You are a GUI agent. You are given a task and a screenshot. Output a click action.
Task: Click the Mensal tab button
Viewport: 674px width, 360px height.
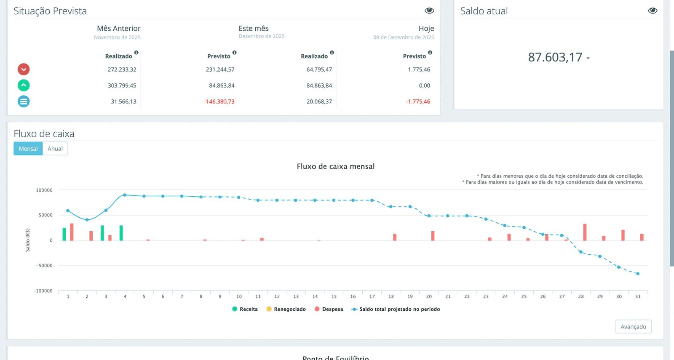point(28,149)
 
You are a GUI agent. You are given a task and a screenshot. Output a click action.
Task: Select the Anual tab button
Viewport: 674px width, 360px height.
point(55,149)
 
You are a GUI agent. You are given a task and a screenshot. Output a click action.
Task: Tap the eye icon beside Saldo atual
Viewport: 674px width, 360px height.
point(653,11)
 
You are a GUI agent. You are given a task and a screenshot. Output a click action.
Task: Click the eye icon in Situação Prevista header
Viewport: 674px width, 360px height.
point(429,11)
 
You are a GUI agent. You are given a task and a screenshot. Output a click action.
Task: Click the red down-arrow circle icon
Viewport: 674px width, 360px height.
point(24,69)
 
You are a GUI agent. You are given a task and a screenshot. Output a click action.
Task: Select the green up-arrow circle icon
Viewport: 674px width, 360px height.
point(24,85)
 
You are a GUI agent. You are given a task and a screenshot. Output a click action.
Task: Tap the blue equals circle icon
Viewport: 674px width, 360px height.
point(24,101)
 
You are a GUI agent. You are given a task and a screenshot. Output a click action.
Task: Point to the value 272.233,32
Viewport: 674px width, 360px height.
point(122,69)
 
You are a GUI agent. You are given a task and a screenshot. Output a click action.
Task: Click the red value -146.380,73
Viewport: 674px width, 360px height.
point(219,101)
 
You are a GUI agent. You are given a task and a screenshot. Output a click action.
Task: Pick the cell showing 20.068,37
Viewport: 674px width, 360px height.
point(319,101)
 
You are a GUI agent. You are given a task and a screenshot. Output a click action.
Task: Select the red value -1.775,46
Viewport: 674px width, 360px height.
point(418,101)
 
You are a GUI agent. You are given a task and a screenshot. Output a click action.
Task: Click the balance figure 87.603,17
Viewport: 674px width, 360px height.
point(555,57)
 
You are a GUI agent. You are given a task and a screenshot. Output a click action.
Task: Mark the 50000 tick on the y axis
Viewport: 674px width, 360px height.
point(45,215)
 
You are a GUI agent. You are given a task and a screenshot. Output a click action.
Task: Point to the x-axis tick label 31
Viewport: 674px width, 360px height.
point(638,296)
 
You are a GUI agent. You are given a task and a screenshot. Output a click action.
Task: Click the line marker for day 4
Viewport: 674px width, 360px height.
point(125,195)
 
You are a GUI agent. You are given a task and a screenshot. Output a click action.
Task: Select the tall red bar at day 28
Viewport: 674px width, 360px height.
point(585,232)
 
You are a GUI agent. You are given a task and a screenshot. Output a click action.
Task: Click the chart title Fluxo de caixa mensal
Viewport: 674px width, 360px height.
point(335,166)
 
